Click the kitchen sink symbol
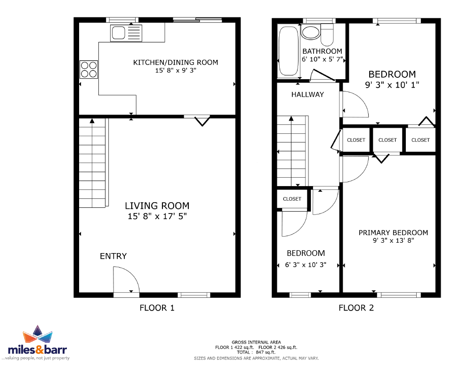(126, 33)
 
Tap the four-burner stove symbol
(89, 70)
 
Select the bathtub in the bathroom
(289, 51)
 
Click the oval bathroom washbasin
(311, 33)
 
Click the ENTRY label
(113, 256)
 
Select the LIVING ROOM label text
(157, 206)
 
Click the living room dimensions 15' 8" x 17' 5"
(157, 216)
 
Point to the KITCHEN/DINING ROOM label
(176, 63)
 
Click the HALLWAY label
(307, 94)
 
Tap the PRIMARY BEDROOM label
(394, 232)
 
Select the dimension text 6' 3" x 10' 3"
(306, 265)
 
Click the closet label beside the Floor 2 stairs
(292, 199)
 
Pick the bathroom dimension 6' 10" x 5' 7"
(323, 59)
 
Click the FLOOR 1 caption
(157, 308)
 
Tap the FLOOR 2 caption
(356, 308)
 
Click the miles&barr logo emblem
(38, 334)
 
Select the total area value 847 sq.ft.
(266, 352)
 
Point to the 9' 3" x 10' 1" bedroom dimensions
(392, 85)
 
